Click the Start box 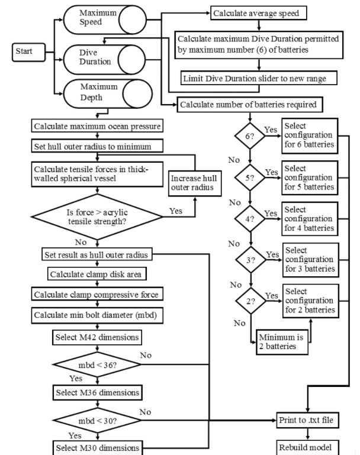click(29, 52)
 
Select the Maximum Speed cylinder click(105, 20)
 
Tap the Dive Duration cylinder click(104, 60)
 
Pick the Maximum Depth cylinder click(108, 93)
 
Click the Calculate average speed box click(258, 13)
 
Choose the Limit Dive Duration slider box click(259, 78)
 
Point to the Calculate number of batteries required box click(250, 105)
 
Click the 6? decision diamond click(250, 136)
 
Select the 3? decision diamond click(251, 260)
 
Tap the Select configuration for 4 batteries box click(310, 219)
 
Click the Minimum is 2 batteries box click(282, 342)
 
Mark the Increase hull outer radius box click(195, 183)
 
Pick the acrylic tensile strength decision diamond click(97, 217)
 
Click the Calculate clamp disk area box click(97, 273)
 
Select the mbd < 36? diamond click(97, 364)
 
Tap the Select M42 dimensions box click(97, 337)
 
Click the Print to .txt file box click(307, 420)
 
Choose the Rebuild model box click(307, 447)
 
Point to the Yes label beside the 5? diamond click(271, 172)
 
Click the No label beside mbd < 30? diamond click(145, 412)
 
